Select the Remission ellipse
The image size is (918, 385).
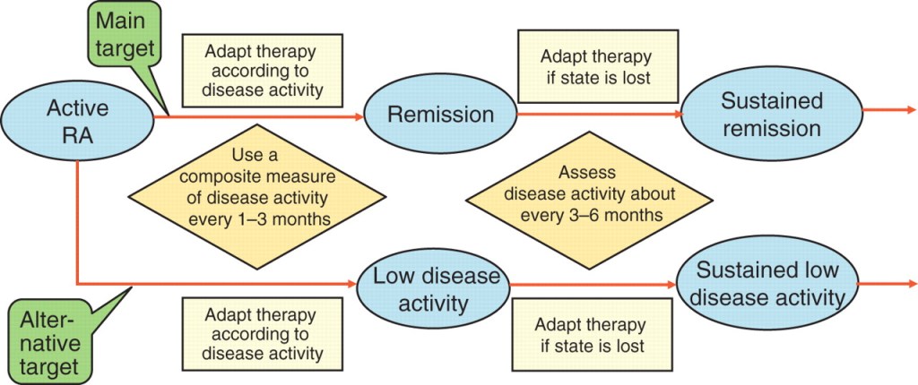440,115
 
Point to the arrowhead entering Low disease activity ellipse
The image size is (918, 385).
351,285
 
